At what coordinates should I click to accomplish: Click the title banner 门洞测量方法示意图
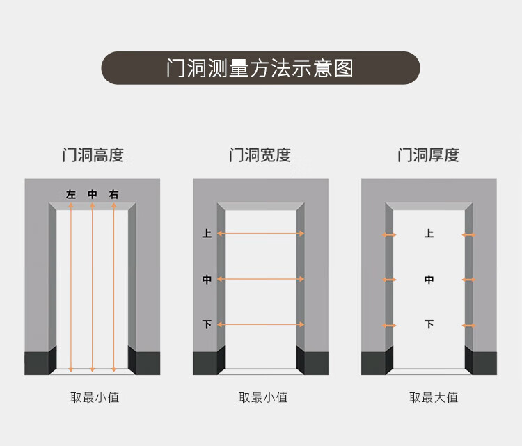(x=260, y=68)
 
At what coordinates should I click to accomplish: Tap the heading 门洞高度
(x=93, y=154)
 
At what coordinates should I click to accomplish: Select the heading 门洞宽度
(x=260, y=154)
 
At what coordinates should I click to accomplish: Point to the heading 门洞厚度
(x=428, y=154)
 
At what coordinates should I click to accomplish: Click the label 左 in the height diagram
(x=71, y=195)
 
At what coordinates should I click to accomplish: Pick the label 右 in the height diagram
(x=113, y=195)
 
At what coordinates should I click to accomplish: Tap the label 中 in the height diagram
(x=93, y=195)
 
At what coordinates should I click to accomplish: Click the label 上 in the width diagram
(x=207, y=234)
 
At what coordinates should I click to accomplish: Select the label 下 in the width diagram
(x=207, y=324)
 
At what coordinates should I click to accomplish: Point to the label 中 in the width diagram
(x=207, y=280)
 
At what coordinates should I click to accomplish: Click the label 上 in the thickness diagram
(x=429, y=234)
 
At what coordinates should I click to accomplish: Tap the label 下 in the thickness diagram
(x=429, y=324)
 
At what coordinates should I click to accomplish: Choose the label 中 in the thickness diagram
(x=429, y=280)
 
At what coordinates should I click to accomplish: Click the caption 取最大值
(x=433, y=398)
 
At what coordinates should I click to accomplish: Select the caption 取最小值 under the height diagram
(x=95, y=398)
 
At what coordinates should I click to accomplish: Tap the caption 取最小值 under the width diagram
(x=263, y=398)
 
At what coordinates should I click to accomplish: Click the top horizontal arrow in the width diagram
(x=261, y=234)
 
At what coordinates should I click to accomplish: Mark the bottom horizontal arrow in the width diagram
(x=261, y=324)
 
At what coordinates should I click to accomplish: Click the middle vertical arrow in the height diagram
(x=93, y=285)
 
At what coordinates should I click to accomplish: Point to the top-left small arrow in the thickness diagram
(x=389, y=235)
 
